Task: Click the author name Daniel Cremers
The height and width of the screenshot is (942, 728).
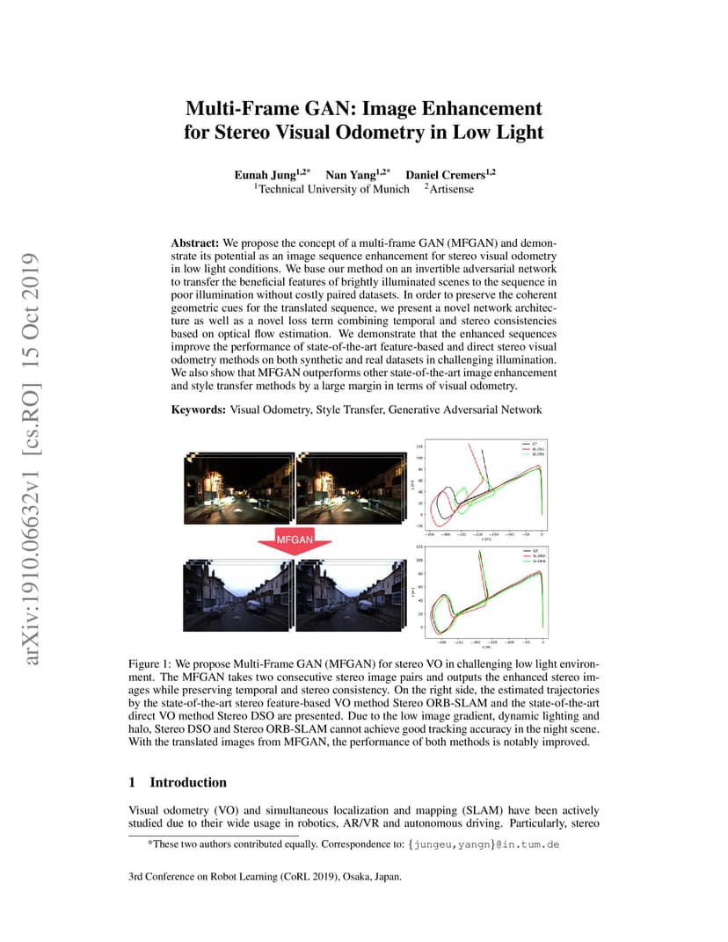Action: click(x=448, y=174)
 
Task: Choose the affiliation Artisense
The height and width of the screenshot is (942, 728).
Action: click(x=451, y=189)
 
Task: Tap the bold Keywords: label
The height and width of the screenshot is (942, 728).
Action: click(x=199, y=409)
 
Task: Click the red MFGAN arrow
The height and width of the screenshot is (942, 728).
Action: click(x=295, y=539)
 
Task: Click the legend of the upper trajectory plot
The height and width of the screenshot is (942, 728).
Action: click(x=530, y=449)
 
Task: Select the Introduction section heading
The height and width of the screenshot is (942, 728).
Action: click(x=188, y=782)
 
